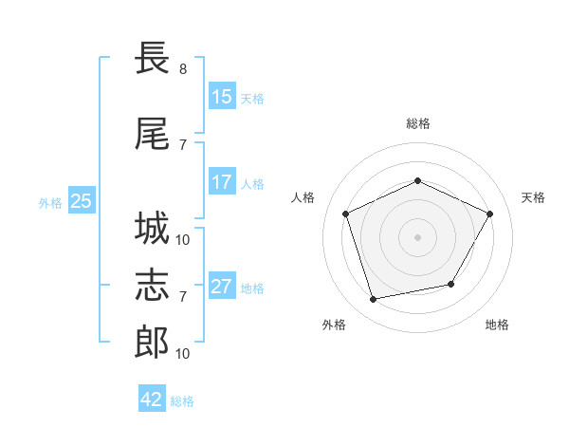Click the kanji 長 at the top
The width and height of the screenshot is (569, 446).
[x=152, y=59]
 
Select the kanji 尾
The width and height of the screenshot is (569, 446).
[x=152, y=135]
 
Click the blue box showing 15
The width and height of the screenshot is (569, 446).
[x=221, y=97]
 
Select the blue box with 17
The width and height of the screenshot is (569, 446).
[x=221, y=182]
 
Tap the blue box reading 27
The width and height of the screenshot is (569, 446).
[x=221, y=287]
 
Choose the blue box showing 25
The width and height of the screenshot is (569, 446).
[x=81, y=200]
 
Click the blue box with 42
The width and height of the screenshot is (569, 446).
[x=152, y=400]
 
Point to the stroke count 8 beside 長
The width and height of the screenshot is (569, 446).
[x=183, y=69]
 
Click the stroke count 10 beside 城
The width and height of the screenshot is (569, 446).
[x=183, y=239]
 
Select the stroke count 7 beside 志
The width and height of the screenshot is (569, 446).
[x=183, y=297]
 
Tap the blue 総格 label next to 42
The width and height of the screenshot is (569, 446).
[x=182, y=401]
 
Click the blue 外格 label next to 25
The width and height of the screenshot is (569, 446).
[x=50, y=202]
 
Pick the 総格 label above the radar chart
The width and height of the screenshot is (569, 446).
[x=418, y=123]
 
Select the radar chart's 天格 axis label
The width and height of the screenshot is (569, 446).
[x=533, y=197]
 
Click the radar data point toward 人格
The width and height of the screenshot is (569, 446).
[x=346, y=214]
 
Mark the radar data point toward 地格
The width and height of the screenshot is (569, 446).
[x=451, y=284]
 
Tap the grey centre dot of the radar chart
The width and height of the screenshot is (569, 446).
[x=418, y=236]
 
